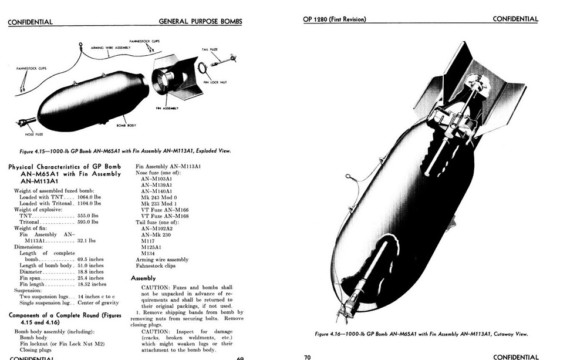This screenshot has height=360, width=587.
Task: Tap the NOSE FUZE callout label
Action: click(x=33, y=134)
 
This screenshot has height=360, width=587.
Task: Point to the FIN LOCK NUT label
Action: click(x=215, y=82)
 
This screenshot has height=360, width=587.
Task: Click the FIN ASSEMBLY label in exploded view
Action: click(x=167, y=108)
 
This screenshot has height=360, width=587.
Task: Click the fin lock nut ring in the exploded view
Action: click(x=202, y=68)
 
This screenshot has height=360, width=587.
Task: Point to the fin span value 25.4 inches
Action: click(x=90, y=278)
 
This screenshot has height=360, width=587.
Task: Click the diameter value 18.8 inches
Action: click(x=90, y=272)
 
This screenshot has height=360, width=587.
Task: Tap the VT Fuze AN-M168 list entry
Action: click(x=165, y=216)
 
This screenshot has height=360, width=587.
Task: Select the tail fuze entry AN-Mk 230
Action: click(x=156, y=235)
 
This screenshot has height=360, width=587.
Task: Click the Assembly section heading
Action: click(x=143, y=278)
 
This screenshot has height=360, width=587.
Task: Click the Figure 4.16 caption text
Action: click(x=421, y=334)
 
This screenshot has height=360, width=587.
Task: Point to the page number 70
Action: click(x=308, y=356)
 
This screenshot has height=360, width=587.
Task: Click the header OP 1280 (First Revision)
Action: click(x=334, y=19)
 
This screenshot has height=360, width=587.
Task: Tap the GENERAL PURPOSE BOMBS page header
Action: click(x=200, y=22)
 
